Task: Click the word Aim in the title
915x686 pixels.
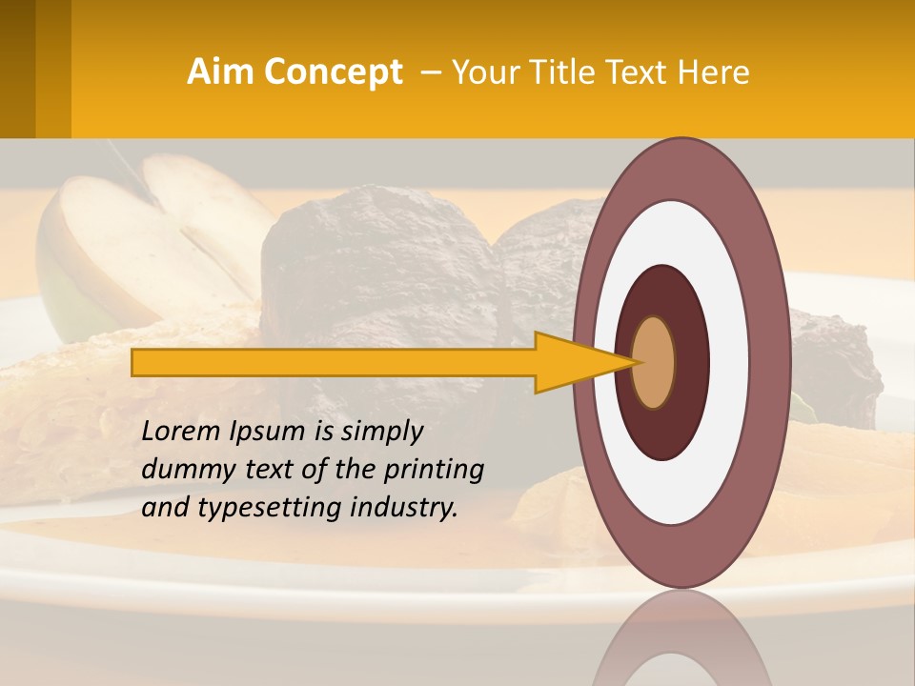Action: click(x=221, y=71)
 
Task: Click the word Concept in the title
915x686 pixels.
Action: click(x=332, y=71)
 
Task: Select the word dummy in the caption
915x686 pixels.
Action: click(x=181, y=469)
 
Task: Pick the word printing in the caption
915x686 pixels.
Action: click(x=434, y=470)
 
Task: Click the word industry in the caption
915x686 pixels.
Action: click(x=405, y=507)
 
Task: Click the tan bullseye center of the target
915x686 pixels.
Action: click(x=654, y=362)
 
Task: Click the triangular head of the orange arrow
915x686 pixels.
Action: click(x=581, y=362)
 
